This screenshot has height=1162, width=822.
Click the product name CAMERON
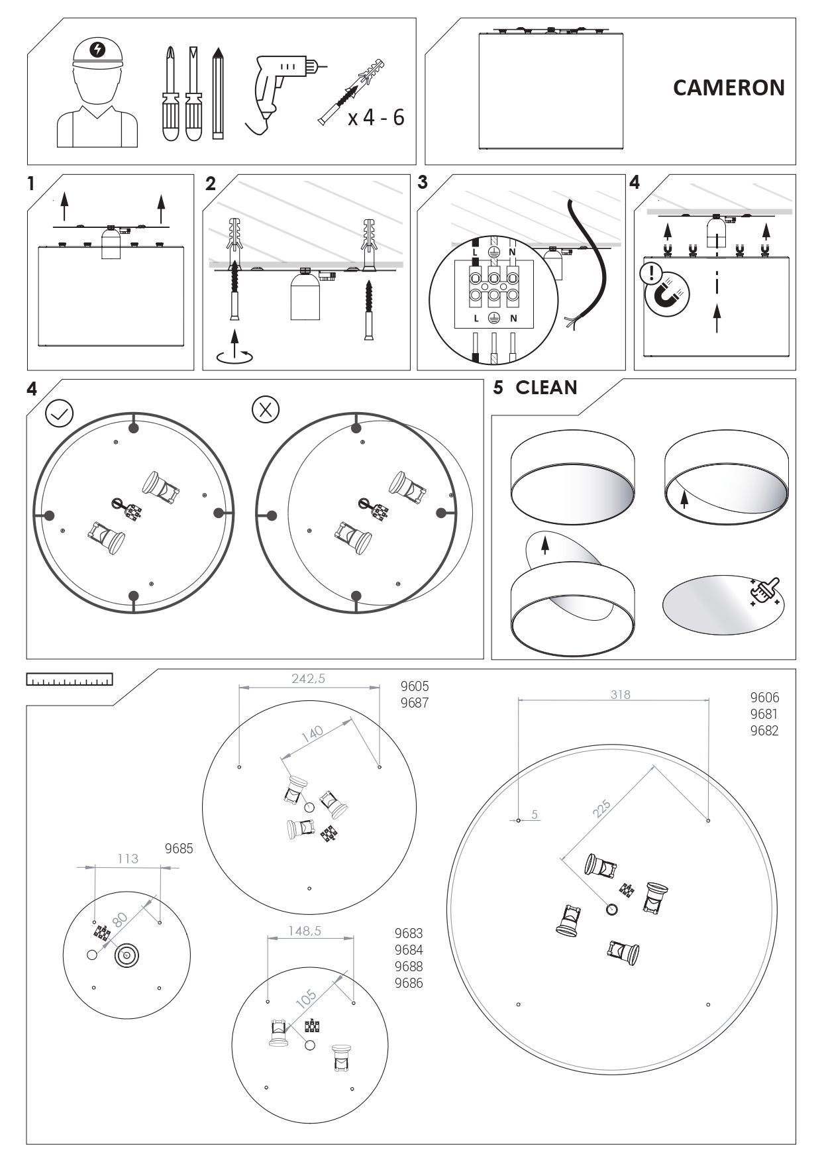click(729, 87)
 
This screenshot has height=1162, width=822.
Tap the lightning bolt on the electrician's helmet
click(98, 48)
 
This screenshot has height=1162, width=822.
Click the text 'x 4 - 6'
click(376, 118)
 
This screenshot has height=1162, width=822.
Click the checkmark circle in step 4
click(59, 413)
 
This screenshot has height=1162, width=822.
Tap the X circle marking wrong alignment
click(266, 409)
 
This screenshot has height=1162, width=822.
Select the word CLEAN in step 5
click(546, 388)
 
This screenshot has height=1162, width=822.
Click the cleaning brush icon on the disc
click(765, 590)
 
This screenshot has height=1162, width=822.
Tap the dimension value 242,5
click(309, 678)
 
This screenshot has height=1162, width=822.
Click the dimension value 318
click(620, 694)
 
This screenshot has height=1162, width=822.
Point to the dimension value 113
click(128, 859)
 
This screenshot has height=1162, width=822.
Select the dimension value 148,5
click(305, 931)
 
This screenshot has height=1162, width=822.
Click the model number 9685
click(179, 849)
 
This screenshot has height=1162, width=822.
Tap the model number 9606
click(764, 698)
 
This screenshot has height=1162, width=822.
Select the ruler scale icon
click(70, 680)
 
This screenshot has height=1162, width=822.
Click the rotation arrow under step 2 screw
click(235, 356)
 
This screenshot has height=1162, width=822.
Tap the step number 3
click(423, 183)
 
